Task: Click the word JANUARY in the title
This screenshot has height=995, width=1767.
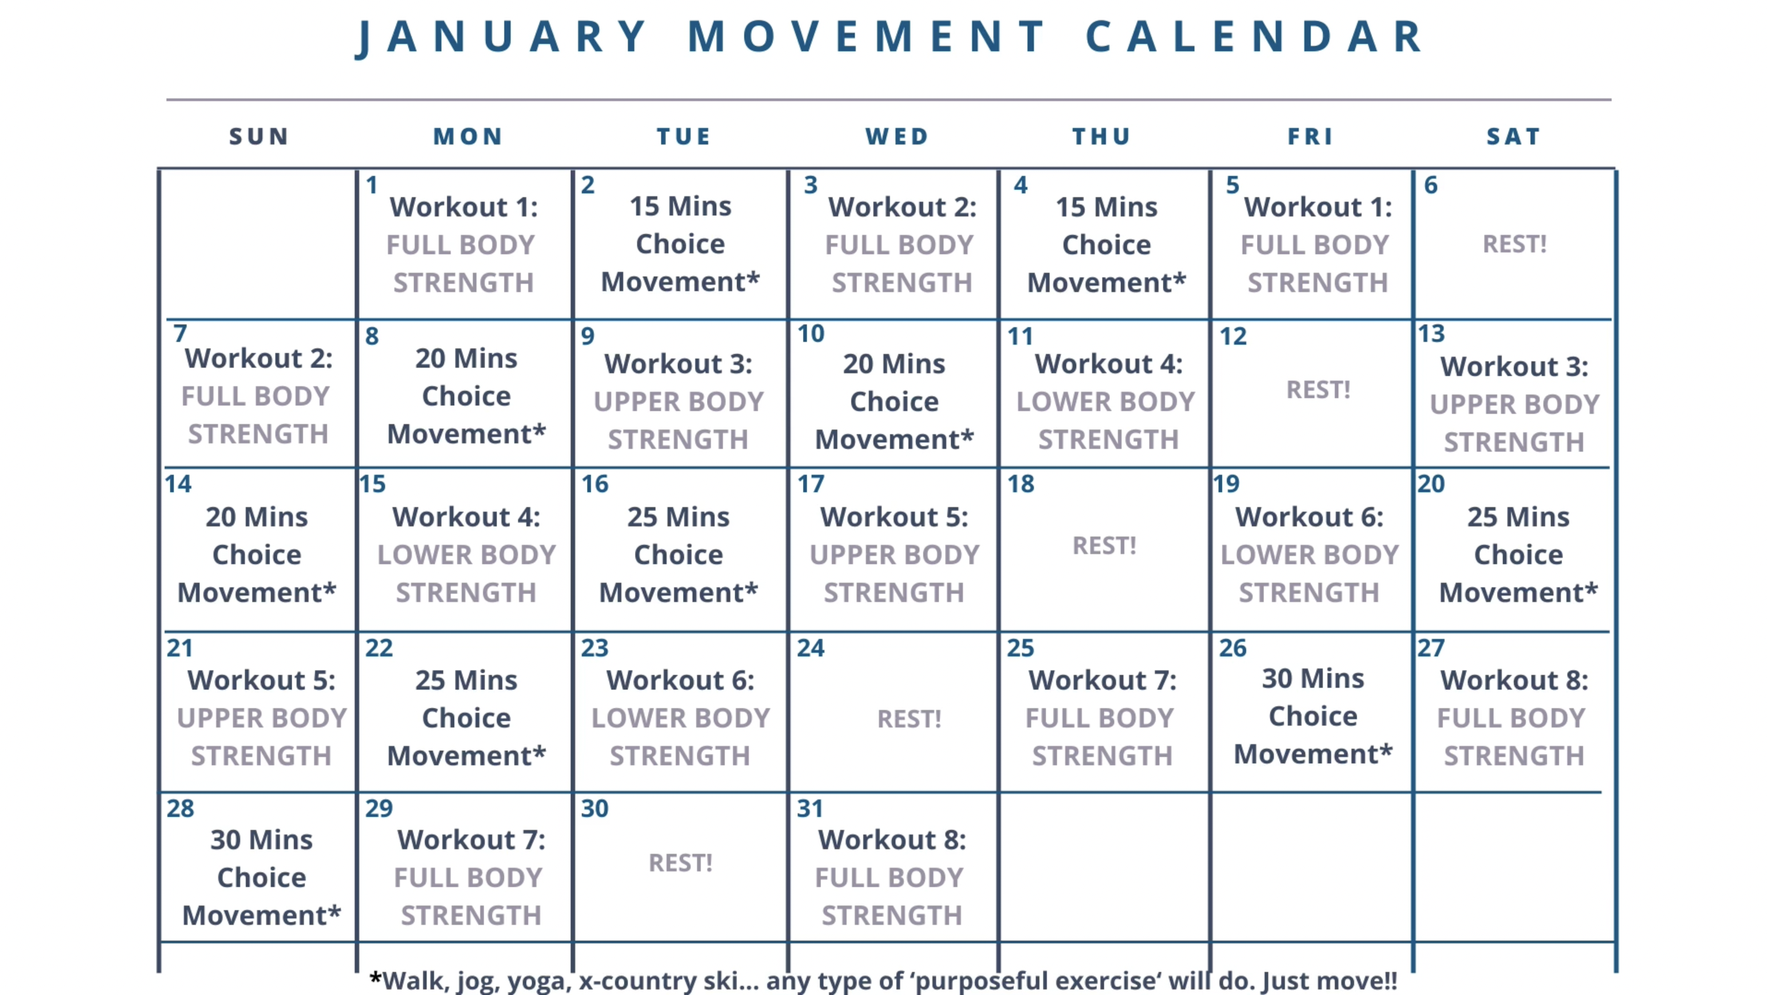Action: tap(503, 36)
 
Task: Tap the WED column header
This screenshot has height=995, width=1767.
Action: tap(896, 137)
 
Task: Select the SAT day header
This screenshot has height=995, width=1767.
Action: tap(1513, 137)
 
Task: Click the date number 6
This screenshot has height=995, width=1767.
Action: tap(1430, 185)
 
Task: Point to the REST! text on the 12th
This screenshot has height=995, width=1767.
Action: tap(1318, 389)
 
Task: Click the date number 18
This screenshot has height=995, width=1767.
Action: tap(1020, 484)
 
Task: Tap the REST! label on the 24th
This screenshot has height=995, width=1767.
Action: tap(909, 719)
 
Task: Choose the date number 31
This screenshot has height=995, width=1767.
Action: tap(810, 809)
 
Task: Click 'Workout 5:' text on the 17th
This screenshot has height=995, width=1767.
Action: tap(894, 517)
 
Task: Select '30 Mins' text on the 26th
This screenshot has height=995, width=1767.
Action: tap(1313, 678)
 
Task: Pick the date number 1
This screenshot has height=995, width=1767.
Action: tap(372, 185)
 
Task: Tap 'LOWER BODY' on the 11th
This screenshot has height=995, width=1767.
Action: tap(1105, 402)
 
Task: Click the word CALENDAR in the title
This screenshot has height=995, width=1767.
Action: tap(1255, 36)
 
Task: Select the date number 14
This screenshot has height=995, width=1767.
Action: tap(178, 484)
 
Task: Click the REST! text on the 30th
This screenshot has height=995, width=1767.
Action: tap(680, 863)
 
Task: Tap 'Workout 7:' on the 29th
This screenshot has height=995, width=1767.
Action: tap(471, 839)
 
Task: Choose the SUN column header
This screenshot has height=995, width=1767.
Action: tap(258, 137)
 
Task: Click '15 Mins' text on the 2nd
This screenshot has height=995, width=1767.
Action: tap(680, 207)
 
